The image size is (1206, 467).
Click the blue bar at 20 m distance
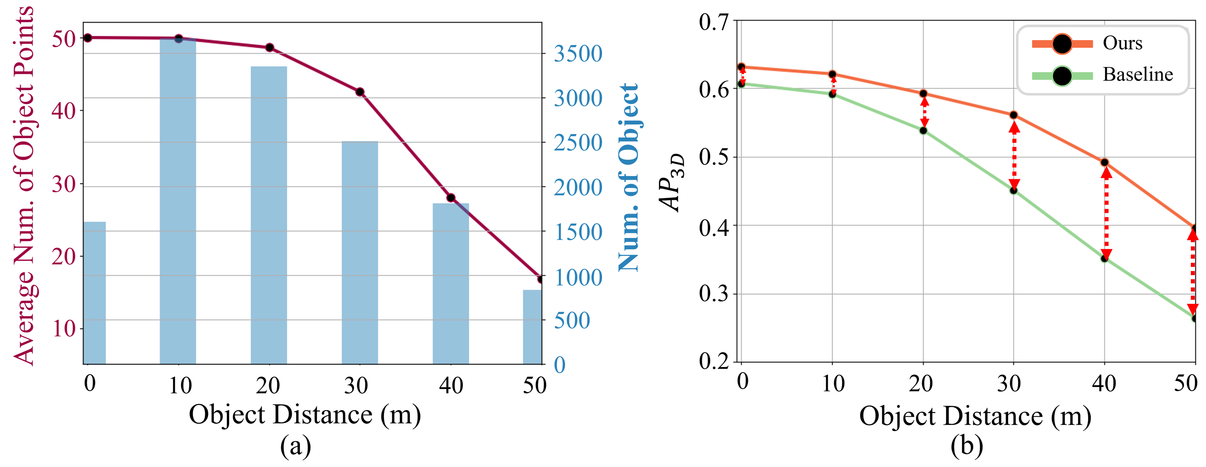269,215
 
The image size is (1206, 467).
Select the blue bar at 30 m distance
360,253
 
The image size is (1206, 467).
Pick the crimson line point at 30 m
360,92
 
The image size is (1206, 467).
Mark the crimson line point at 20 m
269,47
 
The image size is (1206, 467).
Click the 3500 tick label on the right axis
578,54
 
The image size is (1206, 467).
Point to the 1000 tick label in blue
578,278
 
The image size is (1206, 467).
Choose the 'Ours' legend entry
1122,43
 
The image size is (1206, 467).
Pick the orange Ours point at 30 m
1014,115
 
